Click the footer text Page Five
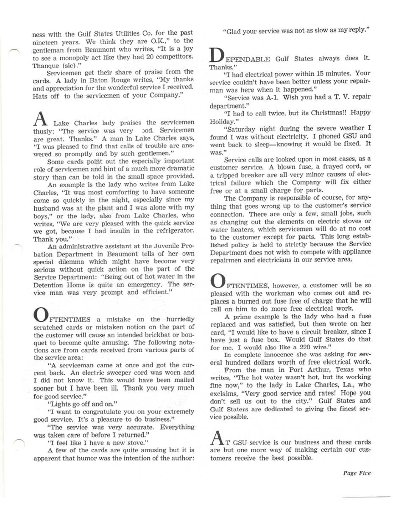pyautogui.click(x=357, y=473)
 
